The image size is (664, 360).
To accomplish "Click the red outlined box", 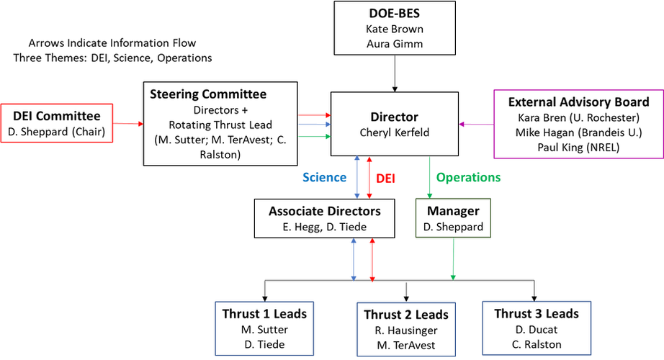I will pos(58,122).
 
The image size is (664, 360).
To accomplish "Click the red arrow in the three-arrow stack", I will pos(314,114).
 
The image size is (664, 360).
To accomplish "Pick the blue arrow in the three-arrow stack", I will pos(314,125).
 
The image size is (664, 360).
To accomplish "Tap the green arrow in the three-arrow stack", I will pos(314,135).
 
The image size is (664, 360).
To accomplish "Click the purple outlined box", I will pos(577,123).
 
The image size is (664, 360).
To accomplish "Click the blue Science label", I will pos(324,177).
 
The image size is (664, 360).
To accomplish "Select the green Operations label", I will pos(468,177).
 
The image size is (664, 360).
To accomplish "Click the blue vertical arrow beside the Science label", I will pos(356,177).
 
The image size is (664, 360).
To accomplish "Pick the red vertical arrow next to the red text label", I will pos(369,177).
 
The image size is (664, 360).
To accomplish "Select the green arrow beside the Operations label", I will pos(430,177).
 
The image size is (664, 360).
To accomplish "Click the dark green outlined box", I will pos(453,217).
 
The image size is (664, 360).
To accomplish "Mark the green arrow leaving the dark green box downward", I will pos(453,259).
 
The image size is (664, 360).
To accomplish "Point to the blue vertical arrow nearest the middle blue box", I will pos(354,260).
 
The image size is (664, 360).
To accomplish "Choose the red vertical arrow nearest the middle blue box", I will pos(372,260).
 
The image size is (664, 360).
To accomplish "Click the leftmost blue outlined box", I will pos(265,328).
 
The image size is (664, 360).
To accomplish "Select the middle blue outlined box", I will pos(406,328).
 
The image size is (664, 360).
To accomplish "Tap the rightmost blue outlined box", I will pos(537,327).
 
